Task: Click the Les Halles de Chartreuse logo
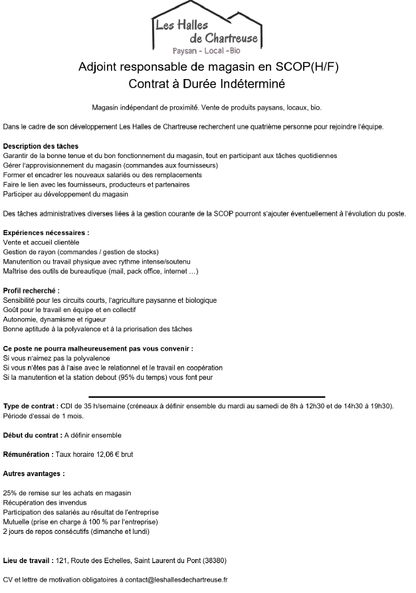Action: [207, 27]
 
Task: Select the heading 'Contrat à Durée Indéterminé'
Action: [207, 84]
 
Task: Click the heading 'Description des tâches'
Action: [41, 146]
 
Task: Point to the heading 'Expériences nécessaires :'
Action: [47, 233]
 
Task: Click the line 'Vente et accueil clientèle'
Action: [41, 242]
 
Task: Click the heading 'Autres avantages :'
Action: [35, 474]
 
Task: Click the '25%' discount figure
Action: [10, 493]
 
